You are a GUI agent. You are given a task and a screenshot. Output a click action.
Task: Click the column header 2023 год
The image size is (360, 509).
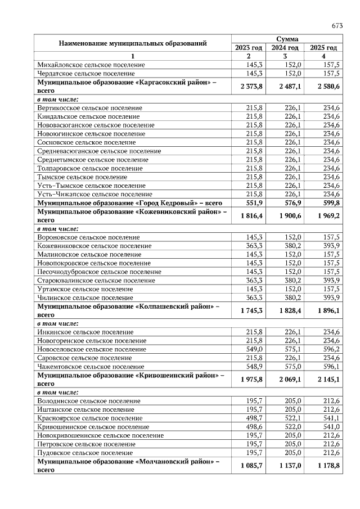click(x=247, y=48)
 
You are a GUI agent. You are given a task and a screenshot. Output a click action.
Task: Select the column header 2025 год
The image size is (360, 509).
click(x=323, y=48)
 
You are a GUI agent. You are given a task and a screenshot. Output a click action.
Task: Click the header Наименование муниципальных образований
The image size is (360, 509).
click(x=133, y=43)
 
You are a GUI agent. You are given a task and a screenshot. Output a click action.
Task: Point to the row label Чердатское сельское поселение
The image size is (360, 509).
click(x=86, y=74)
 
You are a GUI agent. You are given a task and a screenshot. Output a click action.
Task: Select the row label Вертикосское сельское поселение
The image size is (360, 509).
click(x=89, y=107)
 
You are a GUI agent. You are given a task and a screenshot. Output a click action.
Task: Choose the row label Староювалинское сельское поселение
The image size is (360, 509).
click(x=96, y=280)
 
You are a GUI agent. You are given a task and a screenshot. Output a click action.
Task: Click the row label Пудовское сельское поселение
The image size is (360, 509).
click(x=84, y=452)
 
